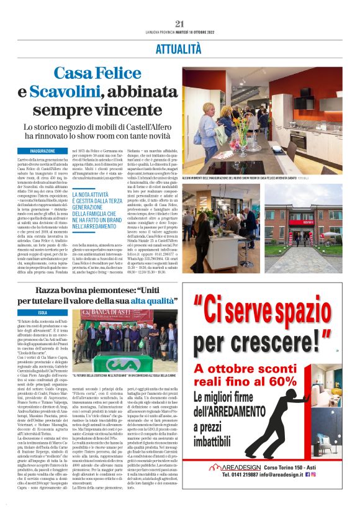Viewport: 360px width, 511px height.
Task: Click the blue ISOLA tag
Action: (42, 312)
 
